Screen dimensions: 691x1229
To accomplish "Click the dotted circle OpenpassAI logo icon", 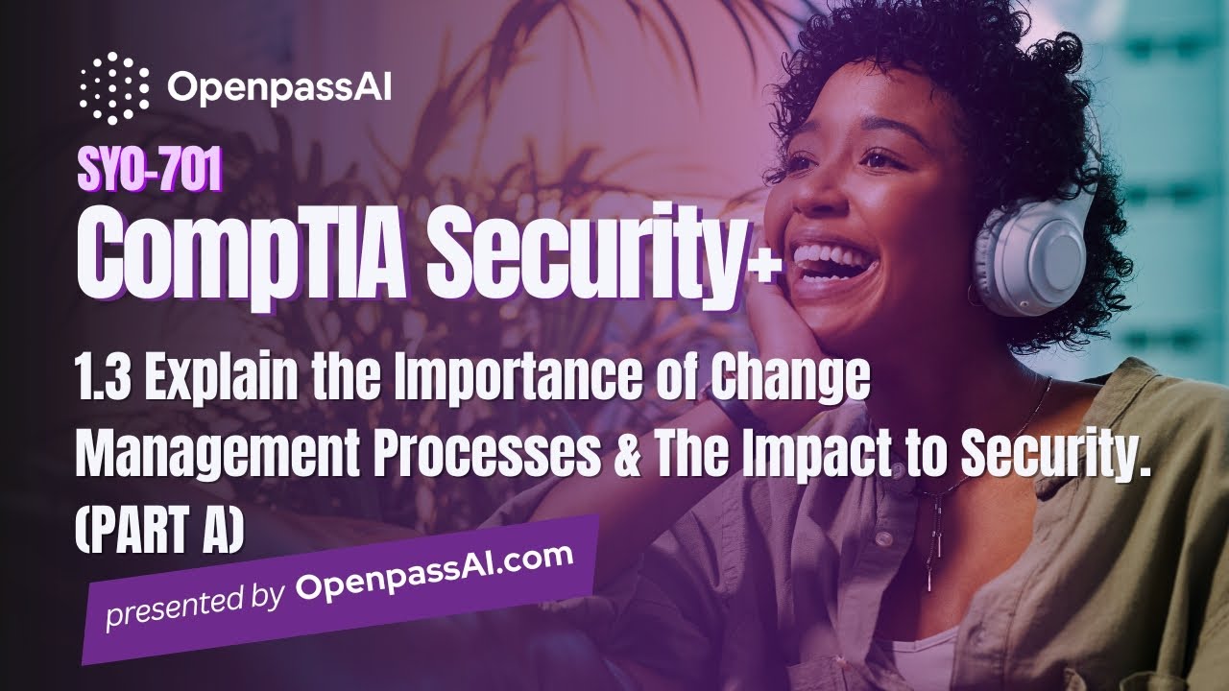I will click(114, 87).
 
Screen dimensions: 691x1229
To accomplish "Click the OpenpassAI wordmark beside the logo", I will click(279, 88).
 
